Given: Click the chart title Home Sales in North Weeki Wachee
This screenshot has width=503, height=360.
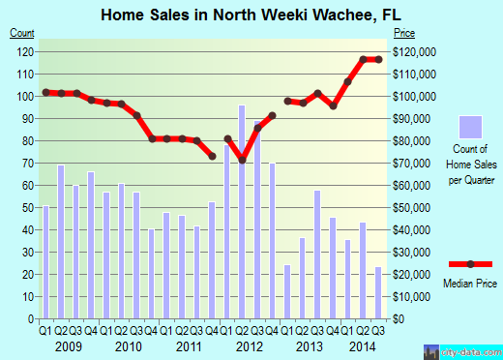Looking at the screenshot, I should [x=222, y=15].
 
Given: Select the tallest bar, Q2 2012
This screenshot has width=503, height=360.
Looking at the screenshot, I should [x=242, y=212].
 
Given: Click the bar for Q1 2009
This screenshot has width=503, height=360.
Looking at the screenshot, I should [x=45, y=262].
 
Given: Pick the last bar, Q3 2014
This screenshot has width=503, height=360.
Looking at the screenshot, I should [x=377, y=293].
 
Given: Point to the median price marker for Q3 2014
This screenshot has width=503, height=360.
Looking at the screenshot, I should [x=377, y=60].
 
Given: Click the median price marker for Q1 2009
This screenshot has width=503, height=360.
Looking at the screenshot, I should [x=46, y=92].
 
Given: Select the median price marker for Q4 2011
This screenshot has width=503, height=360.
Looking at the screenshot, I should [x=212, y=156].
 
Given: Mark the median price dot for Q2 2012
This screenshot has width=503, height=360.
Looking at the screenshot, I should [x=242, y=161].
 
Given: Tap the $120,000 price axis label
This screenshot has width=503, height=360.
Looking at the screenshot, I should [x=414, y=51].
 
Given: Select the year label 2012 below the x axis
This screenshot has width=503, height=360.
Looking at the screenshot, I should [x=249, y=345].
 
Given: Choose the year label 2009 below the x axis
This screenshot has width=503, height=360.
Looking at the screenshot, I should [x=69, y=345].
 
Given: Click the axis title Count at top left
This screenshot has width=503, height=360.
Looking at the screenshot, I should [x=22, y=33].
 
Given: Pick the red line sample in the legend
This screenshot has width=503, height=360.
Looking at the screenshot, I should [x=470, y=264].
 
